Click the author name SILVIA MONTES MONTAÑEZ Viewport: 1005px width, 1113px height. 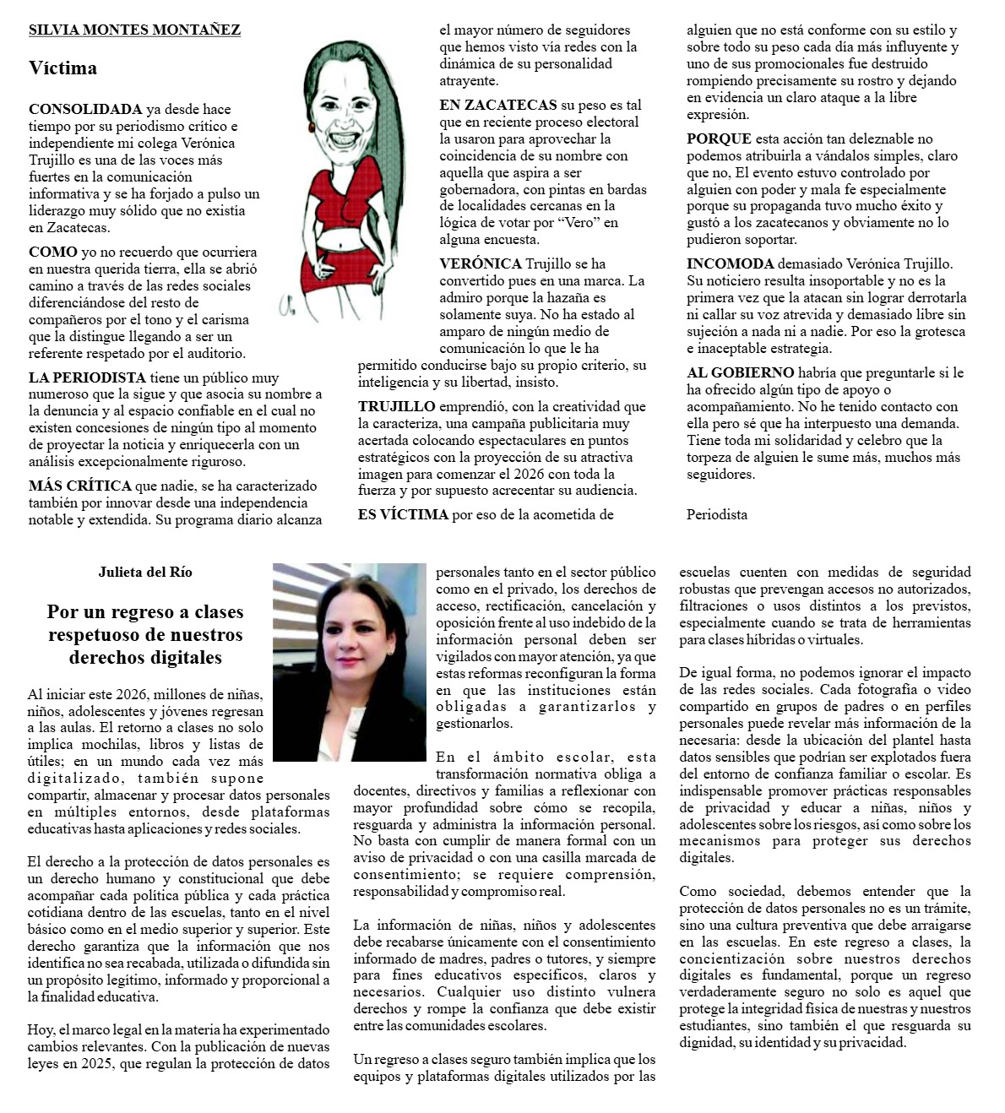point(134,30)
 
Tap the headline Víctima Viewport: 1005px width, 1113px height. point(62,68)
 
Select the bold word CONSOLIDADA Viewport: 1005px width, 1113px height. point(85,109)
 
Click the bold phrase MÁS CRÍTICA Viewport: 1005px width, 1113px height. point(80,486)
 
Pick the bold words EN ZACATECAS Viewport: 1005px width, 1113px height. point(498,105)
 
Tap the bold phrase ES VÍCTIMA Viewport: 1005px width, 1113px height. point(403,513)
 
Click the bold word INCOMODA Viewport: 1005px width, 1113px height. point(730,264)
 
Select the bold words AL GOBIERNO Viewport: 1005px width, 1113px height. point(740,372)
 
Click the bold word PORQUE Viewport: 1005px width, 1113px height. point(719,138)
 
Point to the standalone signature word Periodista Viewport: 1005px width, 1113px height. point(717,513)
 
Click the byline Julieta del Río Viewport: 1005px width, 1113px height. point(145,572)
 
